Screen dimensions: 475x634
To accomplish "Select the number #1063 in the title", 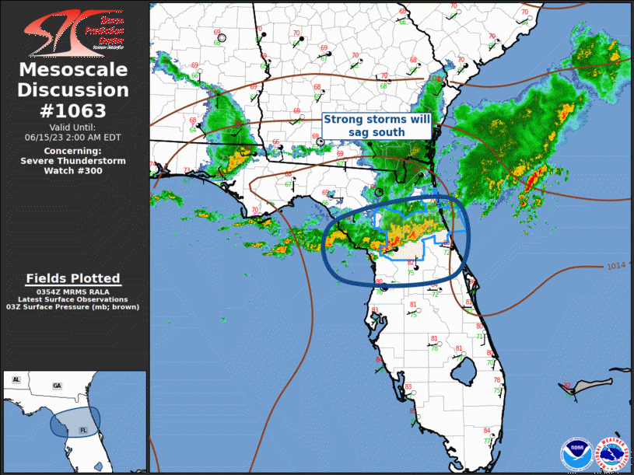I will pos(74,110).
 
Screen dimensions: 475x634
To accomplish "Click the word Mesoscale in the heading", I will pos(74,70).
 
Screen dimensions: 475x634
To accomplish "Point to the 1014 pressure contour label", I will pos(615,267).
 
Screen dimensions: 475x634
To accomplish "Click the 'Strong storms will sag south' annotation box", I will pos(376,126).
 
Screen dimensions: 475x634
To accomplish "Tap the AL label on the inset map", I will pos(16,379).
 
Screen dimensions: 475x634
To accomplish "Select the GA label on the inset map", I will pos(57,386).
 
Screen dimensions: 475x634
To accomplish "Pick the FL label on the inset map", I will pos(83,429).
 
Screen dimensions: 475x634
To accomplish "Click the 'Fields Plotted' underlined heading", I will pos(73,278).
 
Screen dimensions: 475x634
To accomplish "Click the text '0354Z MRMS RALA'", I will pos(73,291).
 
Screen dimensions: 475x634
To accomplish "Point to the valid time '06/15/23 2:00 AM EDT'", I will pos(73,137).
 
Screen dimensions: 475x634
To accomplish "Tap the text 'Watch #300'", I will pos(73,170).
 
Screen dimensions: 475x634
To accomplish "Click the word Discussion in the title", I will pos(74,90).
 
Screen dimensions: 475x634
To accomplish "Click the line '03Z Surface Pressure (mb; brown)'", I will pos(73,307).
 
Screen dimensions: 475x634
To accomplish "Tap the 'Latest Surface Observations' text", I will pos(73,299).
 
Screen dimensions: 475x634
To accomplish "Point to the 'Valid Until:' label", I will pos(73,127).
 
